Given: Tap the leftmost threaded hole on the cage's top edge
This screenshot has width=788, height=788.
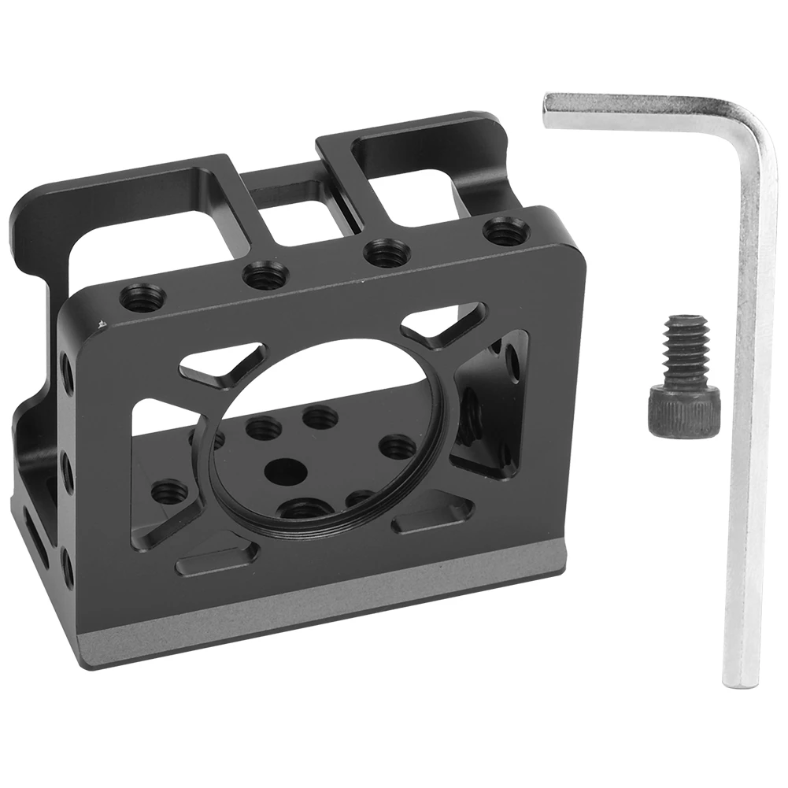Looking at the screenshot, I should (x=142, y=298).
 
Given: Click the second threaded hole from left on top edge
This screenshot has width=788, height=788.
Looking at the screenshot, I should (x=265, y=276).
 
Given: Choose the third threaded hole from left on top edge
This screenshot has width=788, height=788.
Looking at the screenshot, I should (x=387, y=253).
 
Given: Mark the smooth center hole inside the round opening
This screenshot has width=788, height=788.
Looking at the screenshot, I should (x=286, y=472).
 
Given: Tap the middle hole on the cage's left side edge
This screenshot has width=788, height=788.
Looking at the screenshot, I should (x=67, y=472).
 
